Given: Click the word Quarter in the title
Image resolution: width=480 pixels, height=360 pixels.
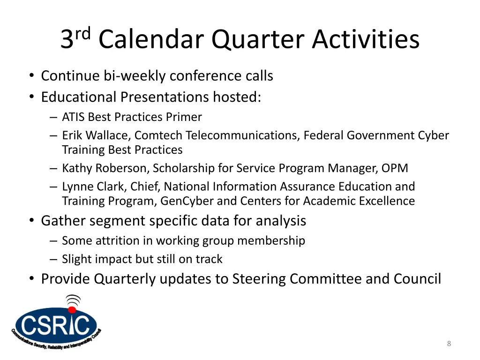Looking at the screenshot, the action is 258,40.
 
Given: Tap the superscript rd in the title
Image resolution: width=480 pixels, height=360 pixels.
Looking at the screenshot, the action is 83,33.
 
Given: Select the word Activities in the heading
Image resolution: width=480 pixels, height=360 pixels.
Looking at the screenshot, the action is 366,39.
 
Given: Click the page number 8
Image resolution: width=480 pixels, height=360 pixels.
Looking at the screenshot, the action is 449,344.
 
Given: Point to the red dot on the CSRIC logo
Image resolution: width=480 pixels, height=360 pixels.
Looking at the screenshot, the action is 72,310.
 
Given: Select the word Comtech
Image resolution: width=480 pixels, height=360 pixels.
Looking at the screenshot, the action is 158,135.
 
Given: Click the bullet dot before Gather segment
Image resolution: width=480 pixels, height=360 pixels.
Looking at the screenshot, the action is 31,220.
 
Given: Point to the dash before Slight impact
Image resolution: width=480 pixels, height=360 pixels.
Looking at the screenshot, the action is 53,259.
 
